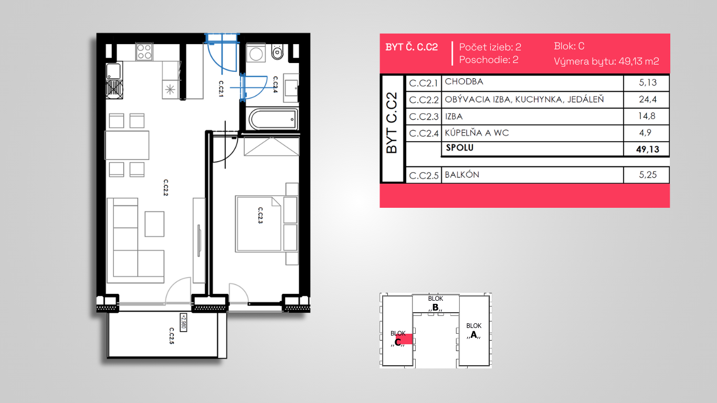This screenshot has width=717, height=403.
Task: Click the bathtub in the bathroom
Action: tap(273, 120)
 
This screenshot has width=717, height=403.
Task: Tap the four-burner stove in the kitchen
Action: tap(144, 51)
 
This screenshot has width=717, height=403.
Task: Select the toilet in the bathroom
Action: tap(277, 52)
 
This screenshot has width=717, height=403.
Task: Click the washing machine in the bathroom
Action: tap(256, 53)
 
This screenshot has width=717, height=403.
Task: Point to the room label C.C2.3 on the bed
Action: tap(260, 215)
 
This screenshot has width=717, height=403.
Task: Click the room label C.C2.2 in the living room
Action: tap(166, 187)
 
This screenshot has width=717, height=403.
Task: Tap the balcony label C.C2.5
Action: tap(172, 336)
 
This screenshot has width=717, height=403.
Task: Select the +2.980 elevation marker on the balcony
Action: tap(183, 322)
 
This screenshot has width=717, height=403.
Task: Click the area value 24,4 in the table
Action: tap(648, 100)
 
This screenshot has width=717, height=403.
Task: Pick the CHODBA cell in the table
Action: tap(464, 82)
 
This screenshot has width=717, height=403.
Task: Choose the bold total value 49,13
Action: tap(648, 149)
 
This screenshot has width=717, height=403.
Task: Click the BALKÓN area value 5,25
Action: tap(648, 175)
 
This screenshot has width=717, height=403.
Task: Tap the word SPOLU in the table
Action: tap(460, 147)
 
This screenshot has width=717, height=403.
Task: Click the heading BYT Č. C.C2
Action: tap(412, 47)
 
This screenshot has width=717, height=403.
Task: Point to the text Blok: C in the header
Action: tap(569, 46)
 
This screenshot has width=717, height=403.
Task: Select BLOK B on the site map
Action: tap(436, 303)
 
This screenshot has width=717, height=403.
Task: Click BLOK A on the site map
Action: tap(474, 331)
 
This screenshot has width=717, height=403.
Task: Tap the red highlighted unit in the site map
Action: tap(404, 339)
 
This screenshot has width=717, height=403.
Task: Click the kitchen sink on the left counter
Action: tap(113, 70)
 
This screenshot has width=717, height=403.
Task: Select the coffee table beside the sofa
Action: tap(154, 224)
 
